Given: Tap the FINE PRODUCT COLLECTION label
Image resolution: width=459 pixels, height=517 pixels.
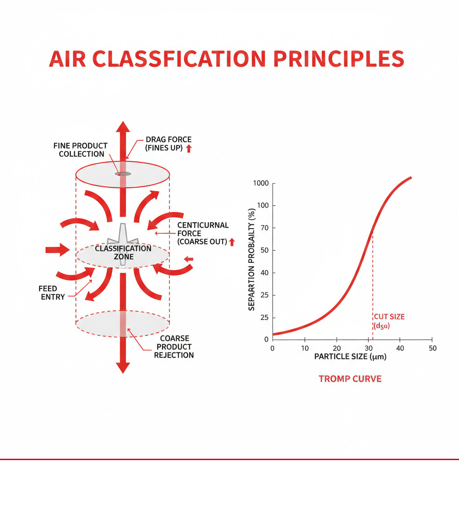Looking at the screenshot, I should [80, 150].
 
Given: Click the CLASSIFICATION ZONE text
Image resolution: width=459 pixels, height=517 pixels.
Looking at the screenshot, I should [123, 253].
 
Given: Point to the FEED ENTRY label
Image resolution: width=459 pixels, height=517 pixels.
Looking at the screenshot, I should [52, 293].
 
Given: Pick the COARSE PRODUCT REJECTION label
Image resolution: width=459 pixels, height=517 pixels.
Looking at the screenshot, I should [174, 347].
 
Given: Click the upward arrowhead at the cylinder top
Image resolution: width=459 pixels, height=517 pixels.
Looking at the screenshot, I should [122, 126].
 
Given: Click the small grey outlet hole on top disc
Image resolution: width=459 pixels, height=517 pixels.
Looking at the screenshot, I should [122, 174].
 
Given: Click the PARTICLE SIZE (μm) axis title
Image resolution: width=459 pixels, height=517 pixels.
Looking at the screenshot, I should [350, 357].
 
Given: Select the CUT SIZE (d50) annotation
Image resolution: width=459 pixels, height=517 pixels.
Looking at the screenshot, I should [389, 321].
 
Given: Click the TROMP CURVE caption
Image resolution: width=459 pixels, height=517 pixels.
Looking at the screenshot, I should [350, 379].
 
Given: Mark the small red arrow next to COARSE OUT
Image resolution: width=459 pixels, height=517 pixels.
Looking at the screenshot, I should [232, 242].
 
